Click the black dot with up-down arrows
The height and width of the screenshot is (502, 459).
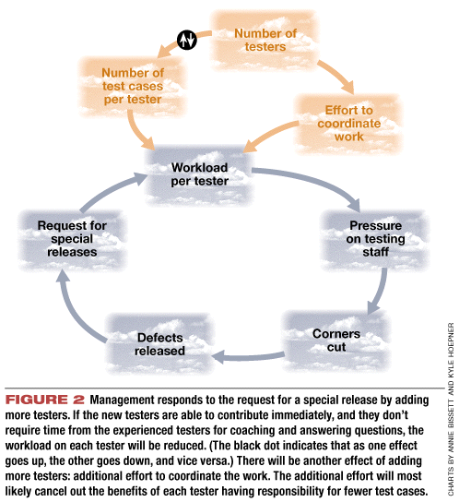click(x=187, y=40)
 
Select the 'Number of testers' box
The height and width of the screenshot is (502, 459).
click(x=265, y=40)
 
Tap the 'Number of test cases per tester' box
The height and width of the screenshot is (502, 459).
click(x=133, y=86)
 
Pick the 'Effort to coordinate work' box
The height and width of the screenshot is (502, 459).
click(x=348, y=124)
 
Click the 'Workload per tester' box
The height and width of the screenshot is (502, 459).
click(x=199, y=174)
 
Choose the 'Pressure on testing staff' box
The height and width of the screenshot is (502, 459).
click(x=375, y=239)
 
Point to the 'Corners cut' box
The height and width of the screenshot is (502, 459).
click(x=336, y=341)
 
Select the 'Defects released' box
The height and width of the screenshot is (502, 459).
click(x=159, y=344)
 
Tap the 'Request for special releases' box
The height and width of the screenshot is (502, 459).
click(x=72, y=239)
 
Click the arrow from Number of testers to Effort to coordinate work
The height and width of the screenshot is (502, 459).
click(x=338, y=74)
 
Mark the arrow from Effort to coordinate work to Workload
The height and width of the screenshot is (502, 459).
click(x=269, y=135)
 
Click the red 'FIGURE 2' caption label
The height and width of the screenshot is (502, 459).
click(x=45, y=400)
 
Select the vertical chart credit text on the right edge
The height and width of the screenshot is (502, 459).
click(x=451, y=409)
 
